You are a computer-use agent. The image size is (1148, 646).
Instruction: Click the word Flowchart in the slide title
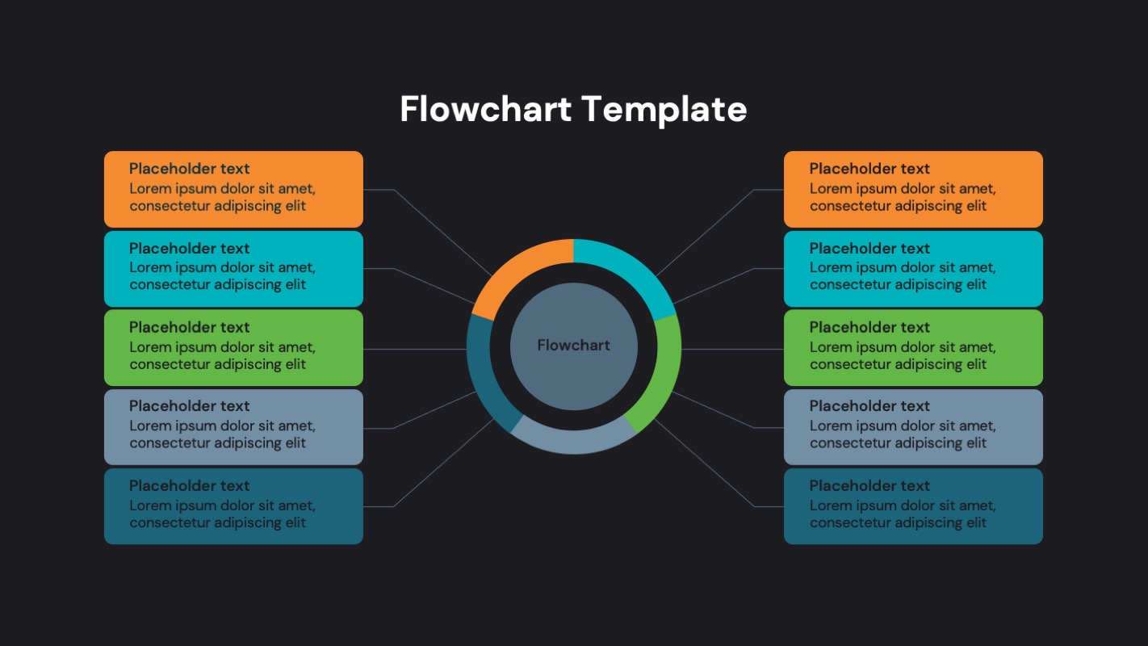pos(486,109)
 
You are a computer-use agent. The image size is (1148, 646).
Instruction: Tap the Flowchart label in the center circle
pos(573,346)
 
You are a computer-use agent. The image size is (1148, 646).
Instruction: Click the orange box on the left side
pos(233,189)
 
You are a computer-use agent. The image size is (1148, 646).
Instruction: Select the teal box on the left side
pos(233,268)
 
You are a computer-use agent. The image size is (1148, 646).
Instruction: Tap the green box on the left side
pos(233,347)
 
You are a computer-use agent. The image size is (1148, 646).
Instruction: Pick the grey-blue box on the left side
pos(233,426)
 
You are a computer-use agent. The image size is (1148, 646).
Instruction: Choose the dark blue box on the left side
pos(233,505)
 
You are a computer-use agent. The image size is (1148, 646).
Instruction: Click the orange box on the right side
pos(913,189)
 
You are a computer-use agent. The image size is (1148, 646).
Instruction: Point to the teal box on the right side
pos(913,268)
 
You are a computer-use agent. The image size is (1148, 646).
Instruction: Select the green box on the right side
pos(913,347)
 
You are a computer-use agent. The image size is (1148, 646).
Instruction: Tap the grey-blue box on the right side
pos(913,426)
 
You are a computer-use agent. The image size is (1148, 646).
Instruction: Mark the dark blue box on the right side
pos(913,505)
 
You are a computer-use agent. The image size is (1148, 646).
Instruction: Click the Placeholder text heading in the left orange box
pos(190,169)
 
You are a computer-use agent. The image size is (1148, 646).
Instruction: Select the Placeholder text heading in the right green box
pos(869,327)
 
